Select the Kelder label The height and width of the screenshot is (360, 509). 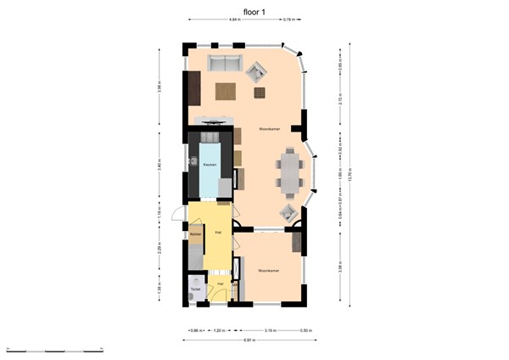tap(195, 233)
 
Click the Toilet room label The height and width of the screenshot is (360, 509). tap(195, 290)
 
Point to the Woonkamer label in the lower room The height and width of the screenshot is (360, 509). tap(269, 271)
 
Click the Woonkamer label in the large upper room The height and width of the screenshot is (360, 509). tap(294, 129)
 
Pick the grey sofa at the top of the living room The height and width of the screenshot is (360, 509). tap(227, 63)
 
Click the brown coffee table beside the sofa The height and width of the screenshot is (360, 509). tap(226, 89)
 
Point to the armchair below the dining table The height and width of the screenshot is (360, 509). tap(288, 212)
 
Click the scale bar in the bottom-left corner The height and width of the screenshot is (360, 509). tap(54, 349)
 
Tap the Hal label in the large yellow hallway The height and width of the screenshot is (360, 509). tap(218, 232)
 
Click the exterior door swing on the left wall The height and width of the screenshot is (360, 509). tap(176, 214)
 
